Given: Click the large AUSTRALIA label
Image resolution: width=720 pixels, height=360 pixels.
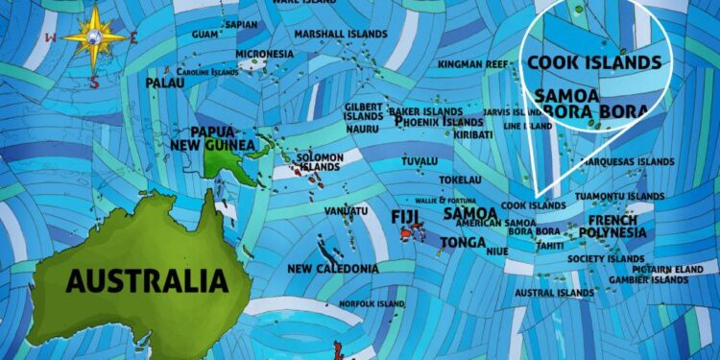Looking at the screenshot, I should (147, 281).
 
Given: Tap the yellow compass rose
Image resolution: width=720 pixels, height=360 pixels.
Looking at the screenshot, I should (94, 36).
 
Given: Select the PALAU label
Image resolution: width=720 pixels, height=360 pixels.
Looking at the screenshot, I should (165, 84).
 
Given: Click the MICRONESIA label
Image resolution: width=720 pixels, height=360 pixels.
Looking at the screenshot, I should (264, 54).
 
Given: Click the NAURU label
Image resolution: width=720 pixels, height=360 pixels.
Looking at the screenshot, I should (362, 129).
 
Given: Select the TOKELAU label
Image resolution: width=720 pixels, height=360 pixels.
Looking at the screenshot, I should (461, 180).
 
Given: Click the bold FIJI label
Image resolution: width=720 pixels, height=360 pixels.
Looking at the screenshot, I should (406, 216).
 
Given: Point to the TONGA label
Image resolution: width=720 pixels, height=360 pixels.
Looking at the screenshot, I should (463, 242).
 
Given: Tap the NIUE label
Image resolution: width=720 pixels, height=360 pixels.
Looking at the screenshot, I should (497, 251).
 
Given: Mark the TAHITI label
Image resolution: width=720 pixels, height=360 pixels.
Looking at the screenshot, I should (551, 246).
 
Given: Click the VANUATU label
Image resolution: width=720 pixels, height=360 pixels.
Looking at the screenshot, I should (347, 210).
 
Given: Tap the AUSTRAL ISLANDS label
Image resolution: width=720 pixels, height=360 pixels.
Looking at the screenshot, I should (555, 292).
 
